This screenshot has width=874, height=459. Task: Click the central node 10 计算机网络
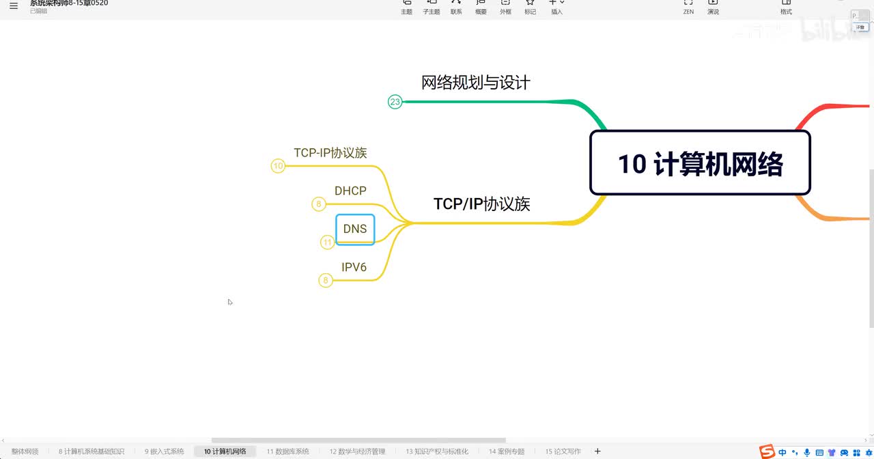700,163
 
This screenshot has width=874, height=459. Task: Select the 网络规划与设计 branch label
476,83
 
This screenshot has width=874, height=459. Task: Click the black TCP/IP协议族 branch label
481,204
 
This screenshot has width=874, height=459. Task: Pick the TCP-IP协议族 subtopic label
330,153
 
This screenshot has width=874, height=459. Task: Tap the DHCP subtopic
350,191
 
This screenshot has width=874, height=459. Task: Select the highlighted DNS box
355,229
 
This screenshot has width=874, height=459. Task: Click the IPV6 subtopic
354,267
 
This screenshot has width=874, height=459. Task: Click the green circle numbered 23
395,102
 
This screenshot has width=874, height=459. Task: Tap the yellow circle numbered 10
278,166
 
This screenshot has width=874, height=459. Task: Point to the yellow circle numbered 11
328,242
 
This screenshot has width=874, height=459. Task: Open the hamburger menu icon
14,6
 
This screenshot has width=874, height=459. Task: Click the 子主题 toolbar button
432,7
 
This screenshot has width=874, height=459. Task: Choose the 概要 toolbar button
481,7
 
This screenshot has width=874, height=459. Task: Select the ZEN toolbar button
688,7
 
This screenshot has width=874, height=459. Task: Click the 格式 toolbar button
786,7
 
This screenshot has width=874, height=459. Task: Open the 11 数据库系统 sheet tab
288,451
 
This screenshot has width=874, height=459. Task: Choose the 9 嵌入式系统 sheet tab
165,451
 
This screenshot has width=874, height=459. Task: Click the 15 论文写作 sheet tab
563,451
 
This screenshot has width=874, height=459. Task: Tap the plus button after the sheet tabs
598,451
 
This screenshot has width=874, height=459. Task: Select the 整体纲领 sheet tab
25,451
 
